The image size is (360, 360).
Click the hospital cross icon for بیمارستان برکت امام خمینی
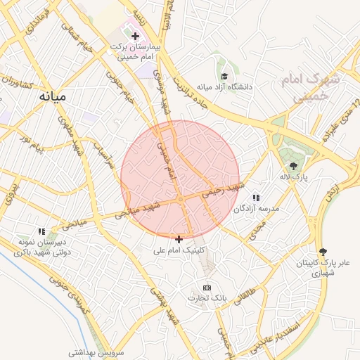click(135, 34)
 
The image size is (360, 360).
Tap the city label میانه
click(53, 96)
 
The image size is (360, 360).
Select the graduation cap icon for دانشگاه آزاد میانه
click(224, 77)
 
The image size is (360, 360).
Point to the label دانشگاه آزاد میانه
click(224, 87)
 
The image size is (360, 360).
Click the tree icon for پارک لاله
click(292, 166)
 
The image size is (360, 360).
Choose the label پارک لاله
click(292, 176)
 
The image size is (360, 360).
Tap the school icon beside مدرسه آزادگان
click(256, 198)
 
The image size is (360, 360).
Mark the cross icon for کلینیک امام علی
click(179, 239)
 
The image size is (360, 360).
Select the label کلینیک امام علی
click(179, 250)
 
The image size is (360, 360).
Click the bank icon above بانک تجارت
click(207, 288)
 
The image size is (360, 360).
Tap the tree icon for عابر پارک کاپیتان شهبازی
click(323, 251)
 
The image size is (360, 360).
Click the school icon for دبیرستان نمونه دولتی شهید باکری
click(42, 231)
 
